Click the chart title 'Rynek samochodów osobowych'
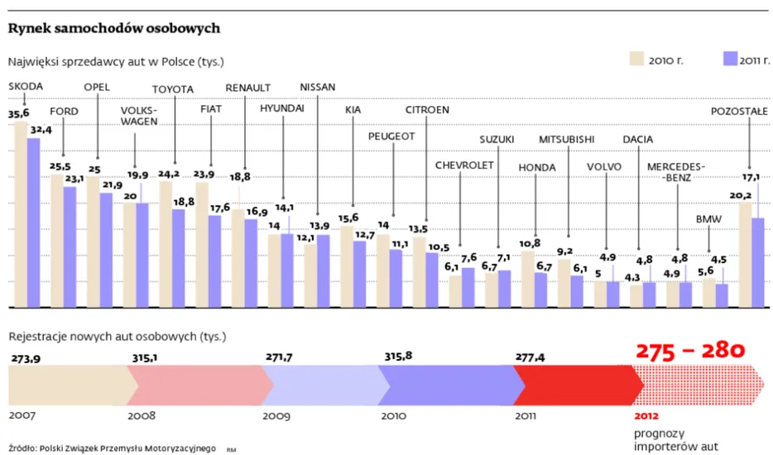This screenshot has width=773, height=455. tap(114, 28)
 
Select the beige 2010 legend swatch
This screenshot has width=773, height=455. tap(636, 58)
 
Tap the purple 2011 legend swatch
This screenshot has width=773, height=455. tap(730, 58)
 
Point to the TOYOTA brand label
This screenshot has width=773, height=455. tap(172, 90)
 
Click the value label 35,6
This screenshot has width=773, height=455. tap(18, 113)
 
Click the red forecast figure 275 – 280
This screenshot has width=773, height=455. tap(691, 350)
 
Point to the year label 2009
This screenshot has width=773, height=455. tap(276, 415)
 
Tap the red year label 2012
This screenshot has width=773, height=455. tap(647, 415)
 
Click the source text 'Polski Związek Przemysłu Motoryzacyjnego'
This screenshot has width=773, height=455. tap(128, 448)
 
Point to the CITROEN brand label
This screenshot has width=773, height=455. tap(427, 110)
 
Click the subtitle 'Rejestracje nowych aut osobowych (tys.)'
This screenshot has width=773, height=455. tap(117, 337)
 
